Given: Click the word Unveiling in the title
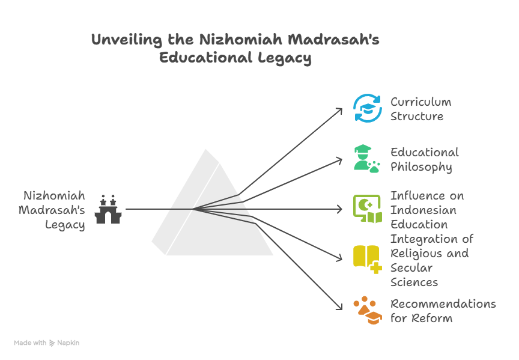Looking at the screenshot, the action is tap(126, 40).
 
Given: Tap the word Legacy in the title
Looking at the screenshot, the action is tap(284, 58).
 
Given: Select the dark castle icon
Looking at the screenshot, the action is tap(108, 209).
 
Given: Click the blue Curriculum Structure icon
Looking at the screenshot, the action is tap(368, 108).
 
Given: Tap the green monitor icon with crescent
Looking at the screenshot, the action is tap(368, 209).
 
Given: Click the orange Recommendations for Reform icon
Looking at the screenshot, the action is tap(368, 310).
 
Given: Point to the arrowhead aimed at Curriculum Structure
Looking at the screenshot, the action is tap(339, 111).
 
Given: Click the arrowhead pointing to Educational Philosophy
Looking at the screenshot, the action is tap(339, 160).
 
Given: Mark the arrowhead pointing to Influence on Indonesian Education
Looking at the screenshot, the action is tap(339, 209).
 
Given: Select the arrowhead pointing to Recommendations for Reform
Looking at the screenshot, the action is tap(339, 307).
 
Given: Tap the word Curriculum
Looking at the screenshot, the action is tap(420, 102).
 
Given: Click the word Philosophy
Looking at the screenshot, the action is tap(421, 167).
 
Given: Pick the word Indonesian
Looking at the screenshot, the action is tap(423, 210).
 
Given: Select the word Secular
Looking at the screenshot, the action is tap(411, 267).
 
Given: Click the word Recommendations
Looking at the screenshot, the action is tap(443, 304).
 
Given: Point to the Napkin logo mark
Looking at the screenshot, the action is tap(52, 343).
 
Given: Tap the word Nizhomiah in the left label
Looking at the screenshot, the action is tap(54, 195).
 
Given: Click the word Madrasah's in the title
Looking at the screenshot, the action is tap(333, 40).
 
